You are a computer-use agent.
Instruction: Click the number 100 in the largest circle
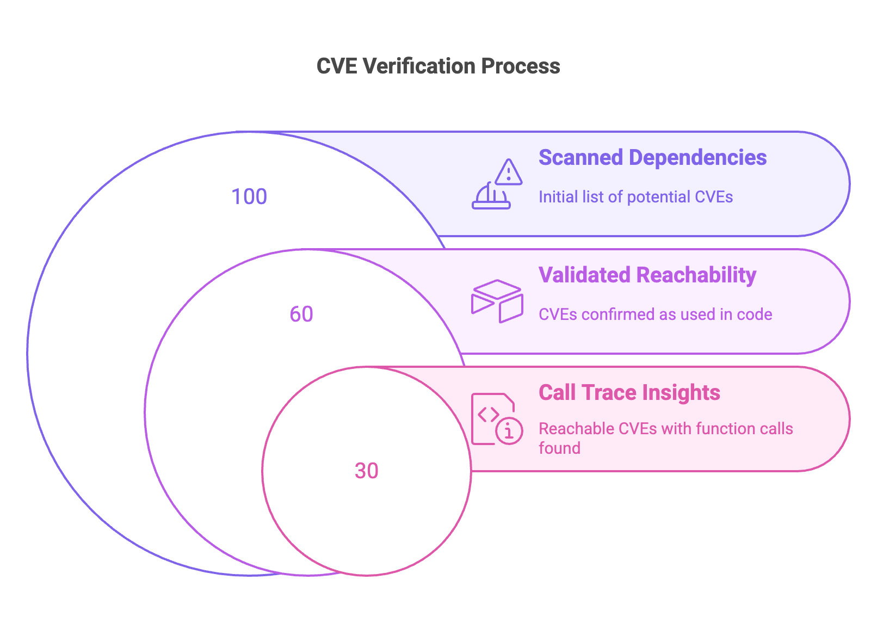249,196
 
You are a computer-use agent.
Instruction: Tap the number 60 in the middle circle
301,314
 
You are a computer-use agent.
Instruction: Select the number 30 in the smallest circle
367,471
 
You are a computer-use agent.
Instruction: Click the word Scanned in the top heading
580,157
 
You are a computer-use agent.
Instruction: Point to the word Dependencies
697,157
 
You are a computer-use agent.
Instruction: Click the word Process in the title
521,66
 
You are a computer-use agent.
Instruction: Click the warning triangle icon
508,172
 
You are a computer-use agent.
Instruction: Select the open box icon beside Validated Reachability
497,301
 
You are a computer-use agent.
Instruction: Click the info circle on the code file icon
509,431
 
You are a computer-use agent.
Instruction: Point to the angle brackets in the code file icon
489,415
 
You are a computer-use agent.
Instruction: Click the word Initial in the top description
558,196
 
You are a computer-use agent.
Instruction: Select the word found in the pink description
559,448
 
